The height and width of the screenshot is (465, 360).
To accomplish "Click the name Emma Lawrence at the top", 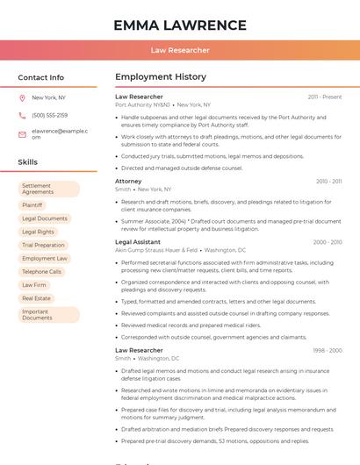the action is [x=180, y=25].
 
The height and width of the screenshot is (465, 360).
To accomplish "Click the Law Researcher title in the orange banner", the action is [x=180, y=50].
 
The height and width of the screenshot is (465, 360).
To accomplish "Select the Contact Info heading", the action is [x=41, y=77].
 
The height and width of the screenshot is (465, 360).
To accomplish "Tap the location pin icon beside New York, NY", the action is [x=22, y=97].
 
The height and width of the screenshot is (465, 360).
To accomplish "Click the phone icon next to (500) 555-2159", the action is [x=22, y=115].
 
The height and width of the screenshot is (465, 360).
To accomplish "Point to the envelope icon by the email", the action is [x=22, y=133].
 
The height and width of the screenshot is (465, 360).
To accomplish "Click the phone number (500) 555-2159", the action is [x=49, y=115].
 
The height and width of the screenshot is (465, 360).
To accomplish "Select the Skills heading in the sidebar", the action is [x=27, y=162].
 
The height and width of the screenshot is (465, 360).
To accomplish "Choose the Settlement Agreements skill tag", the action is [x=48, y=189].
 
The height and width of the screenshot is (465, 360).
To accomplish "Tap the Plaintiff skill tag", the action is [x=32, y=205].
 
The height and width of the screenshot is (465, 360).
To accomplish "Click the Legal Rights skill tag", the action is [x=38, y=232].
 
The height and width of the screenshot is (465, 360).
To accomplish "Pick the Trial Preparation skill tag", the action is [x=43, y=245].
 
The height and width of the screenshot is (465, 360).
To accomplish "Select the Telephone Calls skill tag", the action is [x=41, y=272].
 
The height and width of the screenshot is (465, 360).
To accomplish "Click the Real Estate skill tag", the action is [x=36, y=298].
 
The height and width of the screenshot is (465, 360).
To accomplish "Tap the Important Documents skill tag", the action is [x=48, y=314].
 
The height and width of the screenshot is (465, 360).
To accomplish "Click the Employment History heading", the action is [x=161, y=77].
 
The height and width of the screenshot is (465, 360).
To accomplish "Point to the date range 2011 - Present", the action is [x=325, y=97].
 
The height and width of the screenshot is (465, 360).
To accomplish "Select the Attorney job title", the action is [x=128, y=181].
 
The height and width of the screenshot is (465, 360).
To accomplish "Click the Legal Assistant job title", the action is [x=138, y=241].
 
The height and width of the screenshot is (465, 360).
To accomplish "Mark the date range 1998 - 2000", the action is [x=327, y=350].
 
